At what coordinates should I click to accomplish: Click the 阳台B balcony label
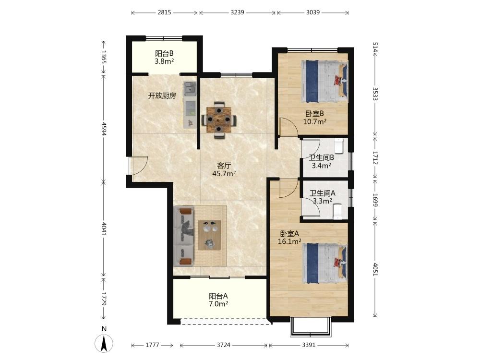(x=164, y=54)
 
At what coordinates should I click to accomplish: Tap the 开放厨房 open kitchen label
(x=162, y=96)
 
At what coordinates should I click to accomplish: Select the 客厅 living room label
(x=224, y=166)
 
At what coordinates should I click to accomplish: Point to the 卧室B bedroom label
(x=315, y=114)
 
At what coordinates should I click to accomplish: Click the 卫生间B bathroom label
(x=321, y=158)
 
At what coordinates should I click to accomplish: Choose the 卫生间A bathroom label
(x=323, y=193)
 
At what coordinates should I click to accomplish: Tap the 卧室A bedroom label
(x=289, y=234)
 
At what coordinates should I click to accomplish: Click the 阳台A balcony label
(x=218, y=296)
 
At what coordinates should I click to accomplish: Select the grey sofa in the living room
(x=184, y=236)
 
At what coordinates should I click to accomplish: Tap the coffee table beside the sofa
(x=210, y=235)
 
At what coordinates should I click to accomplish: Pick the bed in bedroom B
(x=324, y=81)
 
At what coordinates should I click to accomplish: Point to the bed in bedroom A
(x=325, y=263)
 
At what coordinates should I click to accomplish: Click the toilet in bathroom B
(x=339, y=146)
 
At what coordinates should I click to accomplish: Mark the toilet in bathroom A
(x=337, y=212)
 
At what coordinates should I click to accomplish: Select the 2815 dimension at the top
(x=164, y=12)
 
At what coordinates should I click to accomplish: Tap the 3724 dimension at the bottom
(x=224, y=345)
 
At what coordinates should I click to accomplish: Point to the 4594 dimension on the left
(x=104, y=129)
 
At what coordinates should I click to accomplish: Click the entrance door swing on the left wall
(x=138, y=166)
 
